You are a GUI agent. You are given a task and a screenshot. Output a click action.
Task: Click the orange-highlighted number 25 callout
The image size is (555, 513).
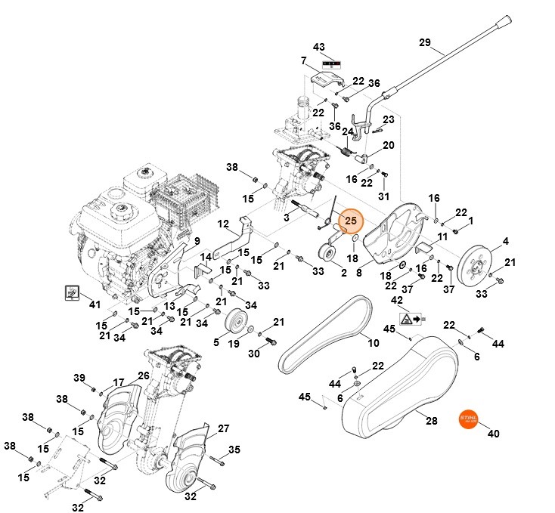(350, 221)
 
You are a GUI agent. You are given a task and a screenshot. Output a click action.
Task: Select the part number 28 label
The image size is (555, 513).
(432, 421)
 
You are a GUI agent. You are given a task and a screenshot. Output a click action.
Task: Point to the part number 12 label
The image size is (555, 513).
(223, 224)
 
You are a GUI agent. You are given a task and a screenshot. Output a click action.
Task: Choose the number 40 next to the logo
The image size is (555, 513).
(494, 434)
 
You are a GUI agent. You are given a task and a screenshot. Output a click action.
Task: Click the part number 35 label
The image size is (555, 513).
(234, 450)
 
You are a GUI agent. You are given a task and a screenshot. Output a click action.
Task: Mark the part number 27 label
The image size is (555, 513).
(223, 428)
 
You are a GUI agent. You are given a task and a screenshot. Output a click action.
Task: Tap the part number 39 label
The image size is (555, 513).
(79, 378)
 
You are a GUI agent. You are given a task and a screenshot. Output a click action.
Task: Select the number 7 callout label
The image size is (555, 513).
(303, 60)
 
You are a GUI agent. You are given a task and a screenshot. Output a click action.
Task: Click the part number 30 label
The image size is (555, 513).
(253, 353)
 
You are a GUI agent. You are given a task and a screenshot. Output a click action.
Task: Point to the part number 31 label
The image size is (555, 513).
(383, 196)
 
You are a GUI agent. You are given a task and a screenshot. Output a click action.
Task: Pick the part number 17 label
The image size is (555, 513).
(119, 382)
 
